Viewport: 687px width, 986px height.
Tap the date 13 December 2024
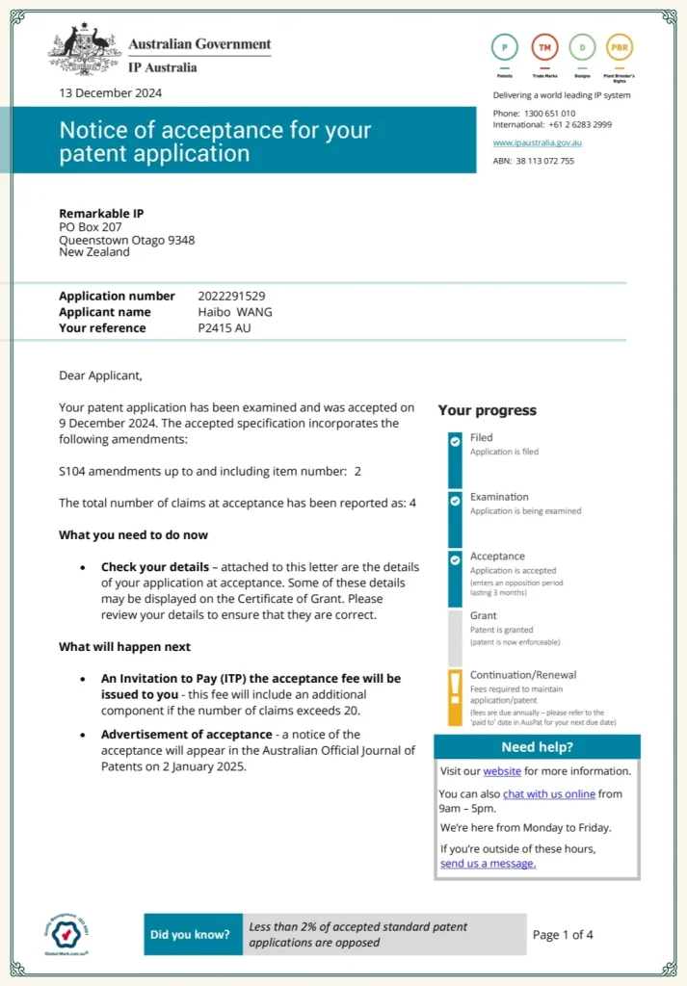[110, 93]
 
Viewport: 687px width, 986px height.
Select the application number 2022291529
[231, 297]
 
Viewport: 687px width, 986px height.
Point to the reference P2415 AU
[225, 328]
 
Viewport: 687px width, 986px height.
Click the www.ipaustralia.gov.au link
[537, 143]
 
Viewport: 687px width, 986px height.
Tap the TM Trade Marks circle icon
[544, 46]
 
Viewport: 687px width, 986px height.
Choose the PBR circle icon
[621, 46]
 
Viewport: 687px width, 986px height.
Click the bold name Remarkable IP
[101, 214]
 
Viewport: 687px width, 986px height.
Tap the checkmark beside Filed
[455, 441]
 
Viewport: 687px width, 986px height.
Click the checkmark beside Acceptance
[455, 559]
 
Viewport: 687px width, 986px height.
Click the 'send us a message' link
[488, 864]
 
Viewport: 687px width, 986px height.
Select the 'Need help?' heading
[537, 747]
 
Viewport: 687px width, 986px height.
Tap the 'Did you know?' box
[191, 934]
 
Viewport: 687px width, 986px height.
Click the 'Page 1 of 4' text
[563, 935]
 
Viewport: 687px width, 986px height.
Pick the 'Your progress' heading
[488, 410]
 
